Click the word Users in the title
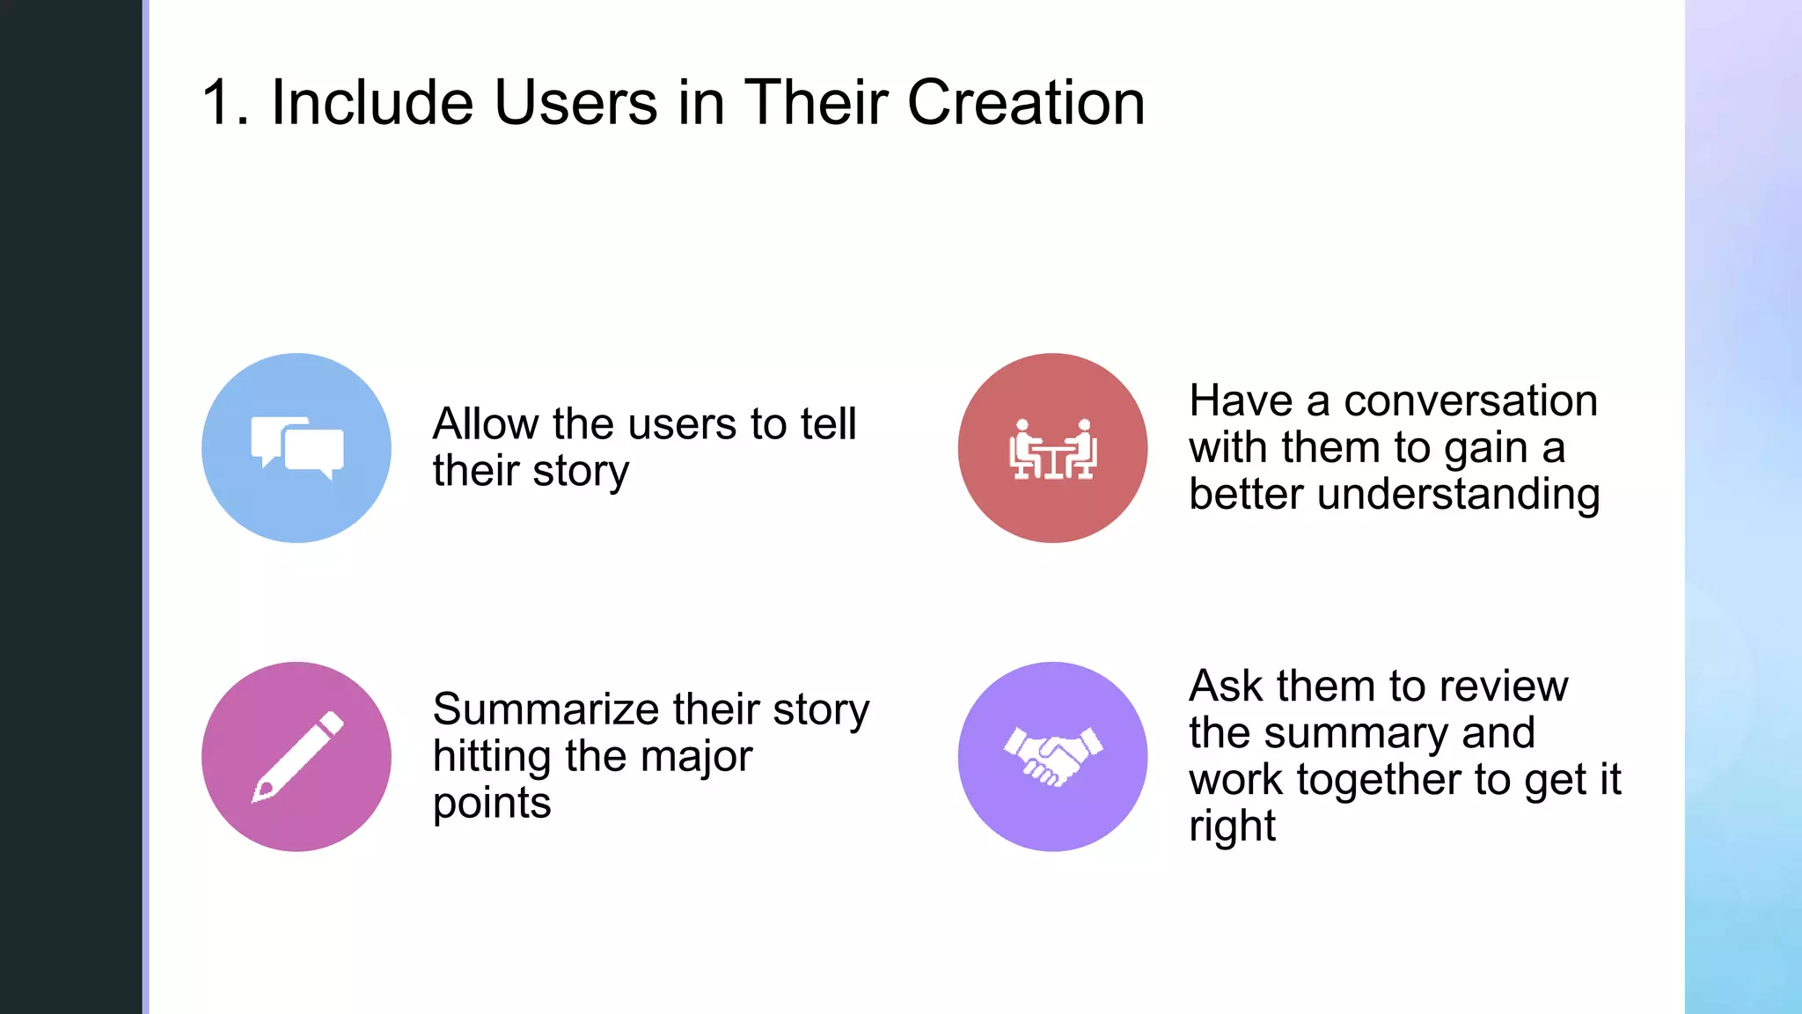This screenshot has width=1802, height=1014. pyautogui.click(x=575, y=103)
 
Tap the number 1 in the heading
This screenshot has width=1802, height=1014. pyautogui.click(x=217, y=103)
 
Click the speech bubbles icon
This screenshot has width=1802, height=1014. pyautogui.click(x=297, y=448)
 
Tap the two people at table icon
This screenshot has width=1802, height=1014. pyautogui.click(x=1052, y=449)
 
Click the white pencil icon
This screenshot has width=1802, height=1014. pyautogui.click(x=297, y=756)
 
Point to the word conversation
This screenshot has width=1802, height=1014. pyautogui.click(x=1470, y=401)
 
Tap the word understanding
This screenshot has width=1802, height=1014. pyautogui.click(x=1458, y=494)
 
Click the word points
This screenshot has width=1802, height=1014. pyautogui.click(x=492, y=804)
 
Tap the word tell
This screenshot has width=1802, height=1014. pyautogui.click(x=827, y=424)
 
